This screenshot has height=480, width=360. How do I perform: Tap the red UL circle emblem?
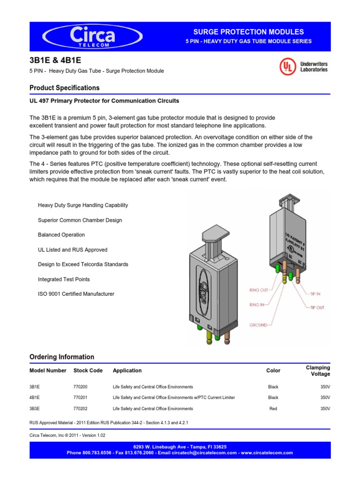pos(288,67)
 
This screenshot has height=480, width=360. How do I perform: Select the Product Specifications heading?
pos(64,88)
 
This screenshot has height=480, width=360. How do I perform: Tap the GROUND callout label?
pos(259,324)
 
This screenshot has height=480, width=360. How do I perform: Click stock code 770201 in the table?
pos(81,397)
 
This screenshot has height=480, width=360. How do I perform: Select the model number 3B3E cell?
pos(36,408)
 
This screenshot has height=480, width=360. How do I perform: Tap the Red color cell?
pos(273,408)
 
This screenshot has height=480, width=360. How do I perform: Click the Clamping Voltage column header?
pos(318,370)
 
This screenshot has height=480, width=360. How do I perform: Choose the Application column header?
pos(127,370)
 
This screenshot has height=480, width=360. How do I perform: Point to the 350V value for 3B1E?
pos(325,387)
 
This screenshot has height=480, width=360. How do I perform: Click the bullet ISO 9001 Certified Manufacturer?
pos(76,294)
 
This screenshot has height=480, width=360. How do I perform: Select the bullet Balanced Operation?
pos(61,235)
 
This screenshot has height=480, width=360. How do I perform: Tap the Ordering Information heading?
pos(62,357)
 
